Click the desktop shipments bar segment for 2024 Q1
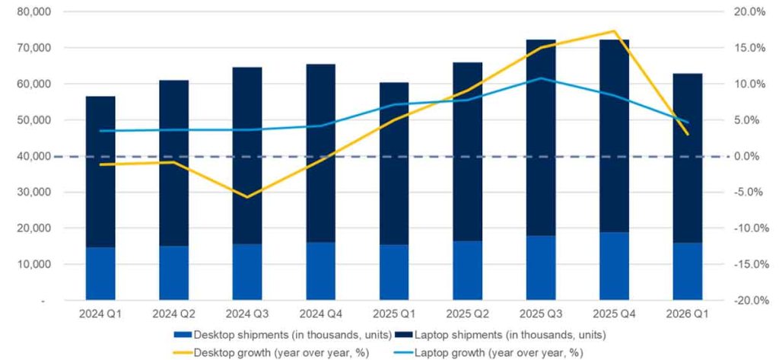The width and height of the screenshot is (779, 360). pyautogui.click(x=100, y=273)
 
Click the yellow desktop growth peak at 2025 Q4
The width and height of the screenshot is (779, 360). pyautogui.click(x=614, y=31)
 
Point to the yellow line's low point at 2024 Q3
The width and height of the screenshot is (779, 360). pyautogui.click(x=246, y=197)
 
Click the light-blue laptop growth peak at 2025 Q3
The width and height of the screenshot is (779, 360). pyautogui.click(x=541, y=78)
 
